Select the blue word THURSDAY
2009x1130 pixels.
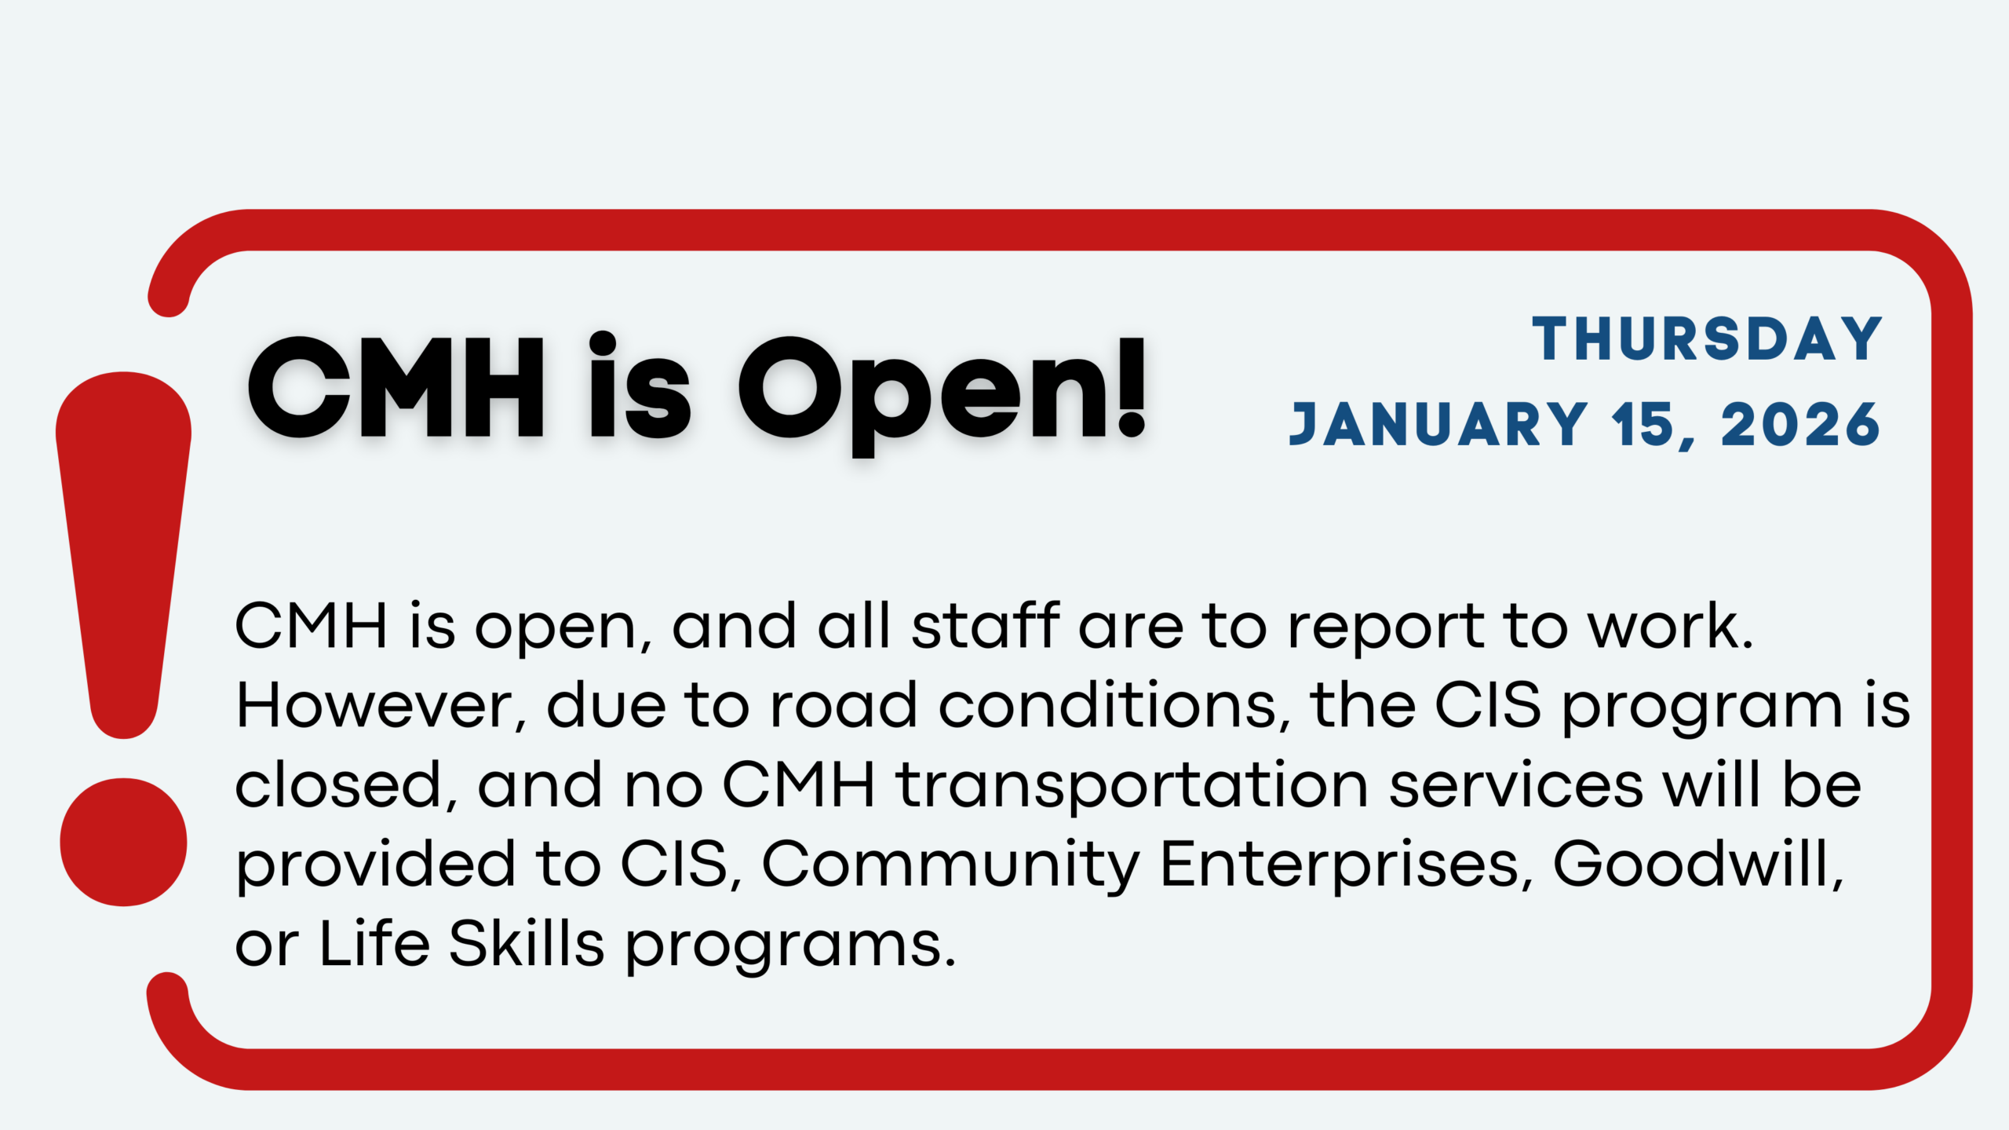(x=1708, y=339)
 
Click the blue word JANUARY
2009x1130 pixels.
(x=1438, y=425)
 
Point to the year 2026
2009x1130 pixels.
(x=1801, y=425)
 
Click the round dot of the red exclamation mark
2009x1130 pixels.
(x=123, y=842)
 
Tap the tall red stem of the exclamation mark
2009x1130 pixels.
(x=123, y=554)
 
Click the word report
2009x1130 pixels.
(x=1387, y=631)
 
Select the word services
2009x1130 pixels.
(x=1517, y=784)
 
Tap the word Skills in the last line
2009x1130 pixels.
(x=526, y=942)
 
